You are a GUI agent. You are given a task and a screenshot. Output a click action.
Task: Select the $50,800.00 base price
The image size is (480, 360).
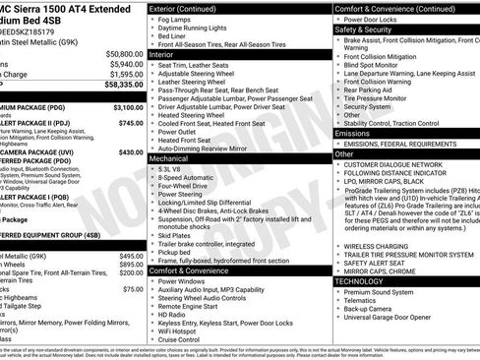point(120,54)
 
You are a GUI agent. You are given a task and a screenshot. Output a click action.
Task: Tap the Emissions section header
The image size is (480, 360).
point(354,133)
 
